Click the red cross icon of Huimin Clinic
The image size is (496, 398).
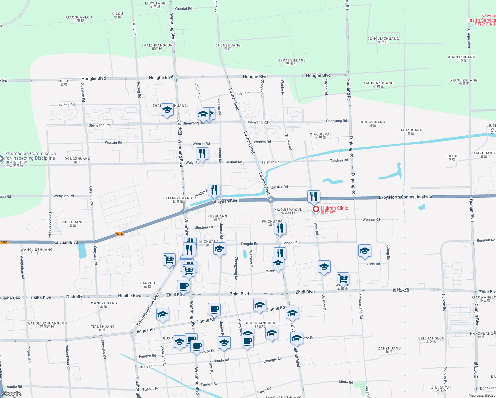coord(316,209)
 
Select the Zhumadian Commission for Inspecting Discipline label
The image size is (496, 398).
coord(30,156)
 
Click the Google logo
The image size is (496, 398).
coord(11,394)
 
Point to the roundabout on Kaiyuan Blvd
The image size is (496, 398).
coord(271,199)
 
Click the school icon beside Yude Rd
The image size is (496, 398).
coord(365,251)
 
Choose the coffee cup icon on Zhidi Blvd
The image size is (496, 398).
coord(183,286)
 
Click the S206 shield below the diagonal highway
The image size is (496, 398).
coord(119,234)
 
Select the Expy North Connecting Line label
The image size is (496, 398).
coord(405,197)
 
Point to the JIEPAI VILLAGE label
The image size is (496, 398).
coord(291,61)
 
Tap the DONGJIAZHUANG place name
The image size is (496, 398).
coord(383,39)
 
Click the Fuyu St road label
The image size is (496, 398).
coord(243,93)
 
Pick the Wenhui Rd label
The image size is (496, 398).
coord(371,219)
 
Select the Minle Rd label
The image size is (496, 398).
coord(346,382)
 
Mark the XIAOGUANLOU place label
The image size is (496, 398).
coord(79,17)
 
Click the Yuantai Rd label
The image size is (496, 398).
coord(183,9)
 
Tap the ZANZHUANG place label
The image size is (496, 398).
coord(389,348)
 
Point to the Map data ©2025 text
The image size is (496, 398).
coord(482,395)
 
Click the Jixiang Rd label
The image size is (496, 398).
coord(66,105)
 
